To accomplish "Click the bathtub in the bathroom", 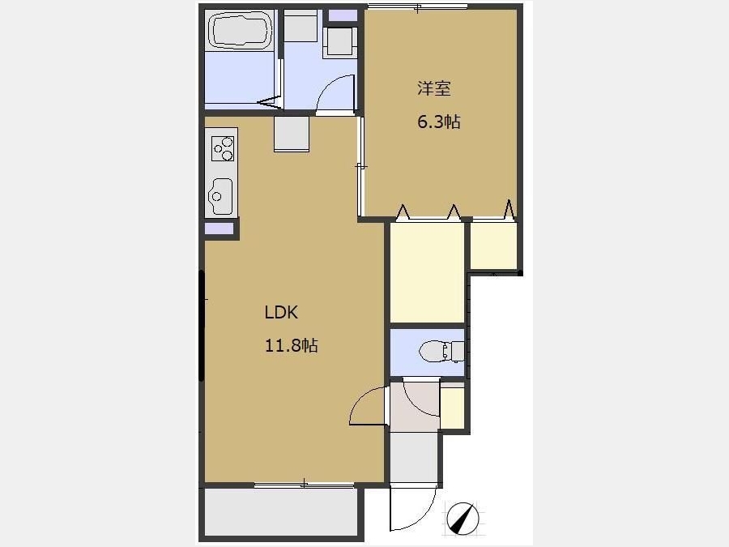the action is [x=241, y=30].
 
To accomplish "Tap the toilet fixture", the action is [x=441, y=352].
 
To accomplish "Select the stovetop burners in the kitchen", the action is [x=222, y=148].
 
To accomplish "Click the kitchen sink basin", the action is [x=220, y=196].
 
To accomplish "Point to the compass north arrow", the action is [x=463, y=518].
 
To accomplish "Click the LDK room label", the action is [x=281, y=312].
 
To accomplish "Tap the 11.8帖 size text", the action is [x=292, y=345].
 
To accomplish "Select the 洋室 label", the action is [x=434, y=88].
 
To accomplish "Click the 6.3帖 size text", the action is [x=439, y=122].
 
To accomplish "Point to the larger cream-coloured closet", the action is [x=427, y=272].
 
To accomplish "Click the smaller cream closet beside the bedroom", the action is [x=494, y=246].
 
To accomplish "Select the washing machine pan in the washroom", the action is [x=340, y=43].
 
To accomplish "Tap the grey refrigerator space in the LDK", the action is [x=292, y=134].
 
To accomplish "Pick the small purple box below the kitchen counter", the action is [x=219, y=229].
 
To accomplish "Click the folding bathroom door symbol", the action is [x=270, y=102].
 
